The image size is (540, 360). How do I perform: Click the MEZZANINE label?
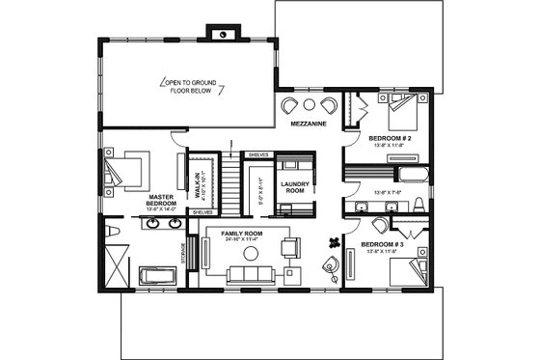[309, 124]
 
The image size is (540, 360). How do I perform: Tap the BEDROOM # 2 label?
[391, 138]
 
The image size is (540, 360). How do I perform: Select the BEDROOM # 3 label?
[383, 245]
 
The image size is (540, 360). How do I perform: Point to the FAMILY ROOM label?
[241, 234]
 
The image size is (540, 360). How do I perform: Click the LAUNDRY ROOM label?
[293, 186]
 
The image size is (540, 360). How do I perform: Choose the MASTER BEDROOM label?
[160, 200]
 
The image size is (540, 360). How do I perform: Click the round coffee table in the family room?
[252, 254]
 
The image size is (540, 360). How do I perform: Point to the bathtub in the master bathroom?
[157, 277]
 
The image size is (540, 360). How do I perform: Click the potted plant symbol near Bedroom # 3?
[335, 240]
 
